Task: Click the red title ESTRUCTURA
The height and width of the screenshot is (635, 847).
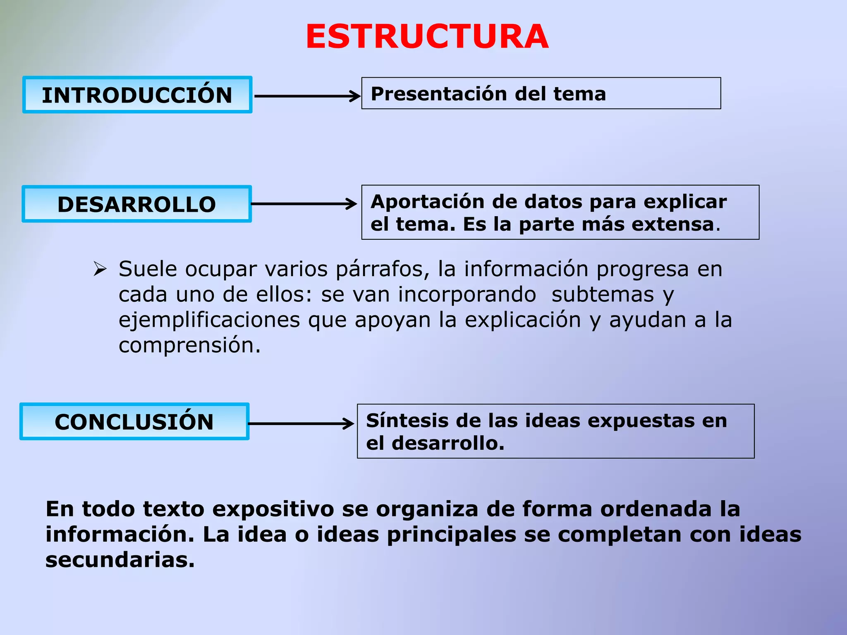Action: click(x=427, y=37)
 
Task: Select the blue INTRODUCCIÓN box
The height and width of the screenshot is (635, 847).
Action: click(x=137, y=95)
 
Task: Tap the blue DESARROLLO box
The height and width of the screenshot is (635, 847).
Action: click(x=137, y=204)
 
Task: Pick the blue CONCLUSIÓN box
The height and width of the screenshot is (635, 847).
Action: click(x=134, y=422)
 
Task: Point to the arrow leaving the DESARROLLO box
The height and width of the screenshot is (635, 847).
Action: click(x=304, y=204)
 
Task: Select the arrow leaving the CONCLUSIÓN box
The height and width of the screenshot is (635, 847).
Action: click(x=301, y=423)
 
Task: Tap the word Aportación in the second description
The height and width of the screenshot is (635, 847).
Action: click(x=427, y=202)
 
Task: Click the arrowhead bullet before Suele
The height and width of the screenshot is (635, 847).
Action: click(x=100, y=269)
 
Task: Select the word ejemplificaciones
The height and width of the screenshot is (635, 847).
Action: click(x=209, y=320)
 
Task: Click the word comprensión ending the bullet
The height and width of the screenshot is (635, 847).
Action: click(x=189, y=345)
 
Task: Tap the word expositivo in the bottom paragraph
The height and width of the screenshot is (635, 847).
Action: click(x=273, y=509)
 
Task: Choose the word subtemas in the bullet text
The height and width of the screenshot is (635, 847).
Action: click(x=603, y=294)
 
